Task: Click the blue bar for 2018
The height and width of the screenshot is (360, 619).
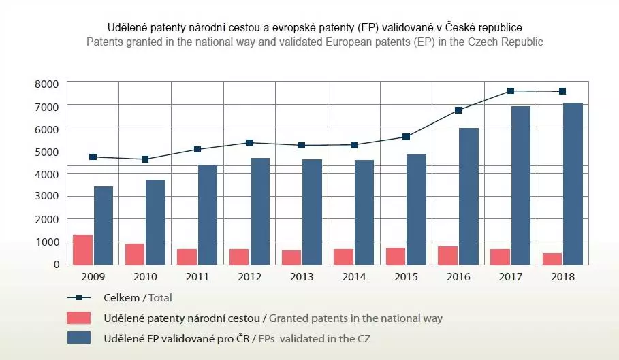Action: (x=573, y=184)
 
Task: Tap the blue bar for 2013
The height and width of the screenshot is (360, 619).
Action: (x=312, y=212)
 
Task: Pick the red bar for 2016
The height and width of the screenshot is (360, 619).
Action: (x=447, y=255)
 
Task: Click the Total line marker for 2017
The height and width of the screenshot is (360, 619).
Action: (x=511, y=91)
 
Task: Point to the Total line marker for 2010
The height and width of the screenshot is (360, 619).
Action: (x=145, y=159)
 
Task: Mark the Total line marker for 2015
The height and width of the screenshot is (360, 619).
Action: (x=407, y=137)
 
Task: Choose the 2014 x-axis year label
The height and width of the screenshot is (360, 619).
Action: (x=354, y=277)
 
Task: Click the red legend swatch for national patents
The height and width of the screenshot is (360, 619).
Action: (x=79, y=318)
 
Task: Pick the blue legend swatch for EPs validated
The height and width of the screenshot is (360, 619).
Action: (x=79, y=338)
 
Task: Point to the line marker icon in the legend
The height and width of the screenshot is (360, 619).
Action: (x=79, y=297)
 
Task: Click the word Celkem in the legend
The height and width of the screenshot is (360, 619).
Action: (x=119, y=297)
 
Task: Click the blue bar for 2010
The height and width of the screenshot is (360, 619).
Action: (x=155, y=222)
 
